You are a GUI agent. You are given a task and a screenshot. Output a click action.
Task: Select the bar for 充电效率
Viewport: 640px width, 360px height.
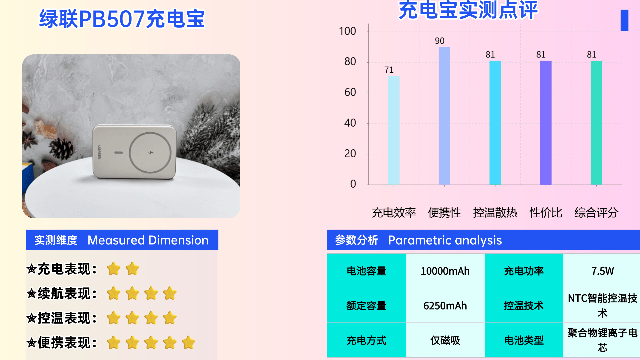pyautogui.click(x=394, y=130)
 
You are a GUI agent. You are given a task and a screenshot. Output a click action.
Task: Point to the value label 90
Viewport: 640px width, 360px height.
pyautogui.click(x=440, y=41)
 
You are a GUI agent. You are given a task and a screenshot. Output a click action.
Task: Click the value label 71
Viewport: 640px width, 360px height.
pyautogui.click(x=389, y=70)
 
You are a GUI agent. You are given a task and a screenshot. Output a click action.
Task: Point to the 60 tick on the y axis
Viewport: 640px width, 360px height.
pyautogui.click(x=350, y=92)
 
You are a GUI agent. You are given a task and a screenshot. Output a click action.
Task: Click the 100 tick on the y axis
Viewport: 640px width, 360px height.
pyautogui.click(x=347, y=31)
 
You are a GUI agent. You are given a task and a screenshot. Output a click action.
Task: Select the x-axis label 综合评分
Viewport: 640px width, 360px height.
pyautogui.click(x=596, y=213)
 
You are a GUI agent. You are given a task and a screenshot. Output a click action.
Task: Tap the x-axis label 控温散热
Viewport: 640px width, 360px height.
pyautogui.click(x=495, y=213)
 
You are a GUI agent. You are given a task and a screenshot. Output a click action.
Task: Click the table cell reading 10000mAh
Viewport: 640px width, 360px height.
pyautogui.click(x=445, y=271)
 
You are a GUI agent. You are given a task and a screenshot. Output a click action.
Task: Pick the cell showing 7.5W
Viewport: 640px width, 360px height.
pyautogui.click(x=602, y=271)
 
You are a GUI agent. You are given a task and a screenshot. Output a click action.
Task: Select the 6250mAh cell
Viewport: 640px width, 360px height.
pyautogui.click(x=445, y=306)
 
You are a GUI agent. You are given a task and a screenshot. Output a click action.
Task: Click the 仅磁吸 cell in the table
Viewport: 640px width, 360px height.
pyautogui.click(x=445, y=340)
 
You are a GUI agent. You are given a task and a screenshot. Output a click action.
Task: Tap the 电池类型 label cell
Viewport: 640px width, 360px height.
pyautogui.click(x=524, y=340)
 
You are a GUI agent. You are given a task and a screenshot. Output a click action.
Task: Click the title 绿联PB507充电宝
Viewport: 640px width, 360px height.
pyautogui.click(x=122, y=19)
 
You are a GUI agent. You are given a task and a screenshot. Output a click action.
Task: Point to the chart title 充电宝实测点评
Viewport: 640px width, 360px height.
pyautogui.click(x=468, y=10)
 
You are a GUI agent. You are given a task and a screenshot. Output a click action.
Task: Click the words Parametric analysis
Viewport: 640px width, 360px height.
pyautogui.click(x=445, y=240)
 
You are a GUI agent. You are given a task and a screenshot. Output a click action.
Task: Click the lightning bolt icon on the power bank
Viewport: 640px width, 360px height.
pyautogui.click(x=151, y=153)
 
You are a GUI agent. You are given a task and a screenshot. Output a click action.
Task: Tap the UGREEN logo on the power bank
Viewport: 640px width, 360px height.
pyautogui.click(x=99, y=152)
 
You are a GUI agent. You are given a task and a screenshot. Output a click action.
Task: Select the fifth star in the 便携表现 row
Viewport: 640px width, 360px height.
pyautogui.click(x=189, y=343)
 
